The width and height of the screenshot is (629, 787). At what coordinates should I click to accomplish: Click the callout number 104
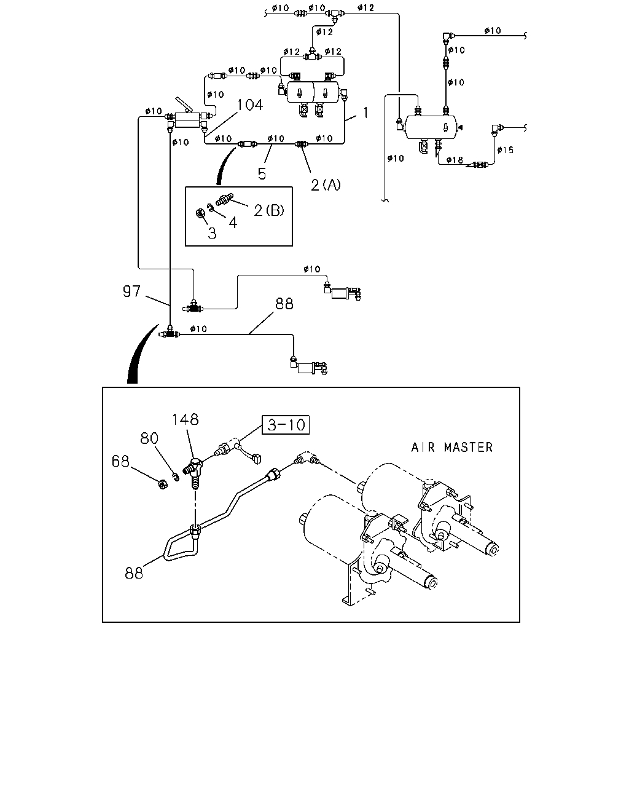tap(249, 105)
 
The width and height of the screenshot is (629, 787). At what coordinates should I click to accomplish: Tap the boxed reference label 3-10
tap(286, 425)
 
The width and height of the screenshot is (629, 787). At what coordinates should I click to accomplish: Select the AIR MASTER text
tap(451, 447)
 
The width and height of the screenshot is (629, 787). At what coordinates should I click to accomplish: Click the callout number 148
tap(186, 419)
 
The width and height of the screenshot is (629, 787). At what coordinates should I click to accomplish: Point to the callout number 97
tap(131, 291)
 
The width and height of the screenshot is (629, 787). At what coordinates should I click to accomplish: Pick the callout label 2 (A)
tap(326, 184)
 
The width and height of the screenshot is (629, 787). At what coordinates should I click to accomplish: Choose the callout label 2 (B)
tap(269, 210)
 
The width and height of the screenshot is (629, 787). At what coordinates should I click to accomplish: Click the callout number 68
tap(120, 461)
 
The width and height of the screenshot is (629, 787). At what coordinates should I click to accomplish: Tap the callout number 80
tap(149, 438)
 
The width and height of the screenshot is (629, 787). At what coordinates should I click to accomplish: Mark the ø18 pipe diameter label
tap(455, 160)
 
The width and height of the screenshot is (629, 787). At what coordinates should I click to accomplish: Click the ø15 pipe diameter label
tap(505, 149)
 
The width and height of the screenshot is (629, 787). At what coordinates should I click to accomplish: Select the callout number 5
tap(262, 174)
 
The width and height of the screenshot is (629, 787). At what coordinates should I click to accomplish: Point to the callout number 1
tap(365, 113)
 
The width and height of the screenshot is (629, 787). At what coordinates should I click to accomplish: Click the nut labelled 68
tap(163, 484)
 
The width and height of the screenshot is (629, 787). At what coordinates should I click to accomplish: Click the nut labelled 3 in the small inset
tap(201, 213)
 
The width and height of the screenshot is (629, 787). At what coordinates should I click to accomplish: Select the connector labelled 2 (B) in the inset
tap(224, 200)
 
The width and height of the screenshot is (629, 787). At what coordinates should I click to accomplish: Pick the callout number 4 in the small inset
tap(233, 223)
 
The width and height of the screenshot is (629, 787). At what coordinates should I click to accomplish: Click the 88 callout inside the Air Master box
tap(134, 572)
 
